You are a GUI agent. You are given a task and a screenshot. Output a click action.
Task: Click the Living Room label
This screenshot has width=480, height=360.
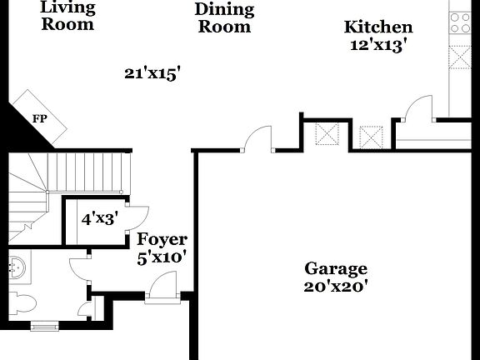pyautogui.click(x=67, y=16)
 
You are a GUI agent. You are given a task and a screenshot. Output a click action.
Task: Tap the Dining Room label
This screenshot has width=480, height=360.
pyautogui.click(x=223, y=17)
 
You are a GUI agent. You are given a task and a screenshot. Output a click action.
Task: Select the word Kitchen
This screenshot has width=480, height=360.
pyautogui.click(x=378, y=27)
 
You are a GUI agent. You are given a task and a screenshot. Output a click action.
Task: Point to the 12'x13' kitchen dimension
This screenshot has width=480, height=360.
pyautogui.click(x=378, y=46)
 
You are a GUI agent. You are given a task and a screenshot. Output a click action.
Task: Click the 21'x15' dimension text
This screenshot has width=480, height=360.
pyautogui.click(x=152, y=73)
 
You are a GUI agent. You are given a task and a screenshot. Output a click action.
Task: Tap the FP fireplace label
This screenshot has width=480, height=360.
pyautogui.click(x=38, y=118)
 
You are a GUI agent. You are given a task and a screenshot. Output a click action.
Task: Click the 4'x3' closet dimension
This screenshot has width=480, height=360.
pyautogui.click(x=99, y=219)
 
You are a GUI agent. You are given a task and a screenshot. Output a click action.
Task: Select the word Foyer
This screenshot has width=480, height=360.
pyautogui.click(x=162, y=240)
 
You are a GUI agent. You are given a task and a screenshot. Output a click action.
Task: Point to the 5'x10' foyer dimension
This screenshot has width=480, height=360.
pyautogui.click(x=162, y=257)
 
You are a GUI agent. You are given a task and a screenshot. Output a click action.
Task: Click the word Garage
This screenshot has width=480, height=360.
pyautogui.click(x=335, y=268)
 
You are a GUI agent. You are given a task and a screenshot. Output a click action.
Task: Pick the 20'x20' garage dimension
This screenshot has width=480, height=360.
pyautogui.click(x=335, y=286)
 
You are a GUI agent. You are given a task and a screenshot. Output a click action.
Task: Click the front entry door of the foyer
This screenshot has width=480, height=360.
pyautogui.click(x=162, y=291)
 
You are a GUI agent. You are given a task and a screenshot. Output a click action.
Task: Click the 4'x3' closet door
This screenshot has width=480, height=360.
pyautogui.click(x=136, y=216)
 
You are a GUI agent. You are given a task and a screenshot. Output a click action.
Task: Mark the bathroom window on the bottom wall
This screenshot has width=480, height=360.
pyautogui.click(x=45, y=326)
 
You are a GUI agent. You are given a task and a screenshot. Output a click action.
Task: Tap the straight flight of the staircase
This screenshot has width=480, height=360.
pyautogui.click(x=87, y=173)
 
